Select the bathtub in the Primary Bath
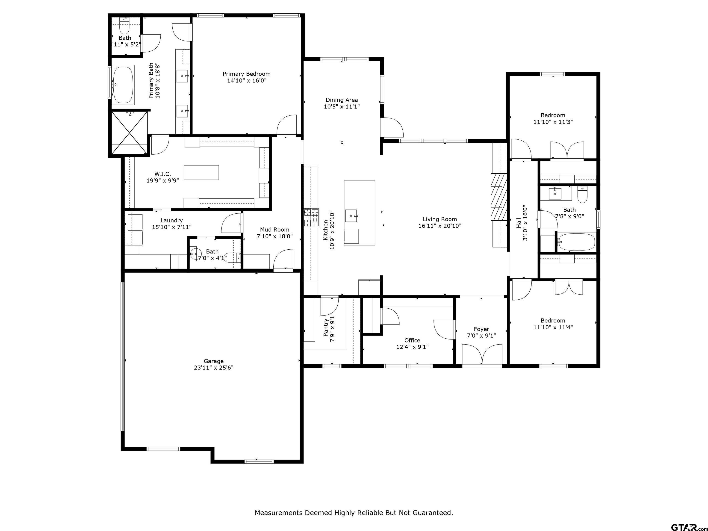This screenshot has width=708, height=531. (x=123, y=85)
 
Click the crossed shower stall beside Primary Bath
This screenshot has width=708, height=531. (x=129, y=132)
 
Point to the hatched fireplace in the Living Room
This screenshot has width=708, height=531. (x=499, y=197)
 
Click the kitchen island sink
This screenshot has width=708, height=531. (x=351, y=216)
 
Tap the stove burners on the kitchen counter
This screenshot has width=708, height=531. (x=311, y=218)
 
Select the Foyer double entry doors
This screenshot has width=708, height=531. (x=482, y=354)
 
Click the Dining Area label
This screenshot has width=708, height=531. (x=342, y=100)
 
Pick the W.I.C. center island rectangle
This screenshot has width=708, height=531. (x=201, y=173)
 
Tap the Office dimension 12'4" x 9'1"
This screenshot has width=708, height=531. (x=412, y=347)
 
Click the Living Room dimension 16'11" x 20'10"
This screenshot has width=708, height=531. (x=440, y=226)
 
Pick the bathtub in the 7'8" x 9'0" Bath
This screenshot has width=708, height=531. (x=576, y=242)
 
